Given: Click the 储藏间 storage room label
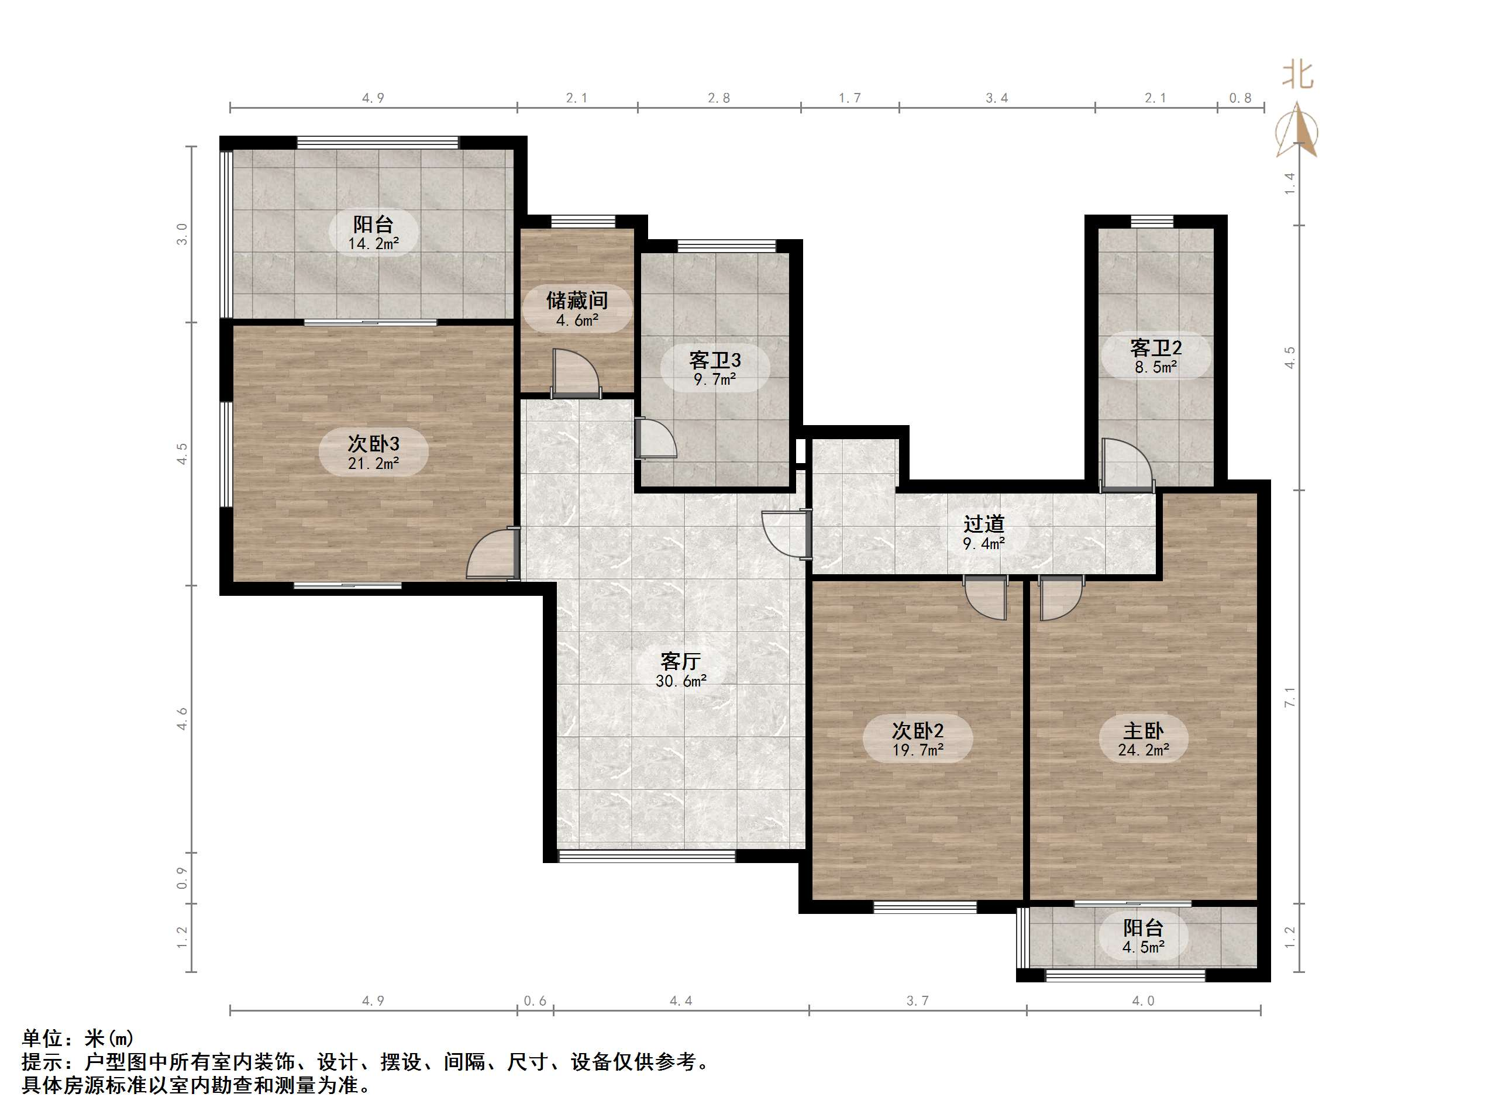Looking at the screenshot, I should [576, 300].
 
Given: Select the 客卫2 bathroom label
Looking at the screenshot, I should [1155, 348].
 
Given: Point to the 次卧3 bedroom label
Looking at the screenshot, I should [373, 443].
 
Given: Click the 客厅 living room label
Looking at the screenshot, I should [680, 661].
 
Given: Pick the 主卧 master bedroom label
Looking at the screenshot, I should [1143, 730].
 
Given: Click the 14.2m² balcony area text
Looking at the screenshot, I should [373, 244].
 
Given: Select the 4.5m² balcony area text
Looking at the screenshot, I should [1143, 947].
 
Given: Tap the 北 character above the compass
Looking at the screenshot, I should [1297, 75].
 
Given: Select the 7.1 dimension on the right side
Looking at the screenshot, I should [1289, 698].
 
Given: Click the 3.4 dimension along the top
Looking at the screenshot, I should [996, 98].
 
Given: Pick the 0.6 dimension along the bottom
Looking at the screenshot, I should [535, 1000].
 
